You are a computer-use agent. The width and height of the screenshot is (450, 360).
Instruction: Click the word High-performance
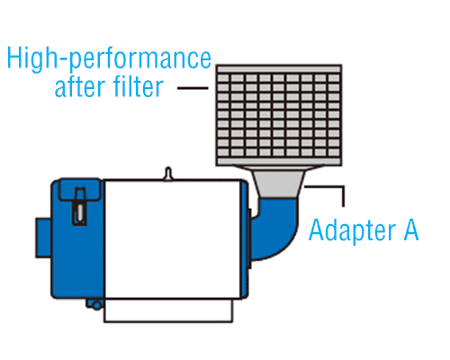109,59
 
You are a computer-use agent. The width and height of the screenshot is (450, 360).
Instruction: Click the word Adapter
353,230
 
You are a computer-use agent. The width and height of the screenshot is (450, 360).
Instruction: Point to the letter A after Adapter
411,229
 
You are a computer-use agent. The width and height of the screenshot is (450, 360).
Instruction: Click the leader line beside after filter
193,88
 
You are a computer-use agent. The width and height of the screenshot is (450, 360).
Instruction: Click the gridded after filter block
279,115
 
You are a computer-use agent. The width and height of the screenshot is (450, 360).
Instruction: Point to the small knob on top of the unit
168,174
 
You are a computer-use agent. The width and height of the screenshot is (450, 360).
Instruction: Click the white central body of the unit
173,239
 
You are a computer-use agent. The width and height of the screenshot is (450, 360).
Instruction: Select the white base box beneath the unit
168,310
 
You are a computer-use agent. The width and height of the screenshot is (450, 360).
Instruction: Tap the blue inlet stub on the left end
43,238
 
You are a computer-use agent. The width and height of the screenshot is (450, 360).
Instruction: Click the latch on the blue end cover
80,206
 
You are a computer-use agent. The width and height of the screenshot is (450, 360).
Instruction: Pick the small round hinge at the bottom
96,305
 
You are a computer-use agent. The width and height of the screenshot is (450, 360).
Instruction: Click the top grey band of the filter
279,69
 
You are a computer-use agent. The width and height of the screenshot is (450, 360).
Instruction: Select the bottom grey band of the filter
279,161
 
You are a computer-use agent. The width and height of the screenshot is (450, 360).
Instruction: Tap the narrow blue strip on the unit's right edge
245,239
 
